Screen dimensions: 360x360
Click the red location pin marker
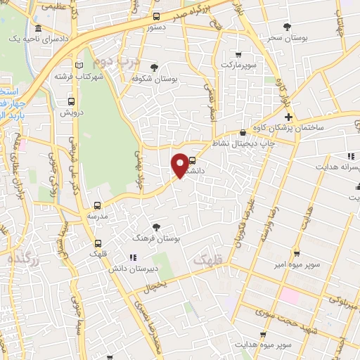[x=181, y=165]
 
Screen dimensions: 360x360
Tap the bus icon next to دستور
[x=156, y=17]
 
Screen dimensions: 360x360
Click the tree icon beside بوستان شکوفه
[x=154, y=67]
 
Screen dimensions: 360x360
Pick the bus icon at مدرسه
[x=97, y=206]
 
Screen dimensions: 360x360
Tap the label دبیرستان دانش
[x=127, y=269]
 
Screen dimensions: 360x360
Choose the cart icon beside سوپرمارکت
[x=238, y=54]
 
